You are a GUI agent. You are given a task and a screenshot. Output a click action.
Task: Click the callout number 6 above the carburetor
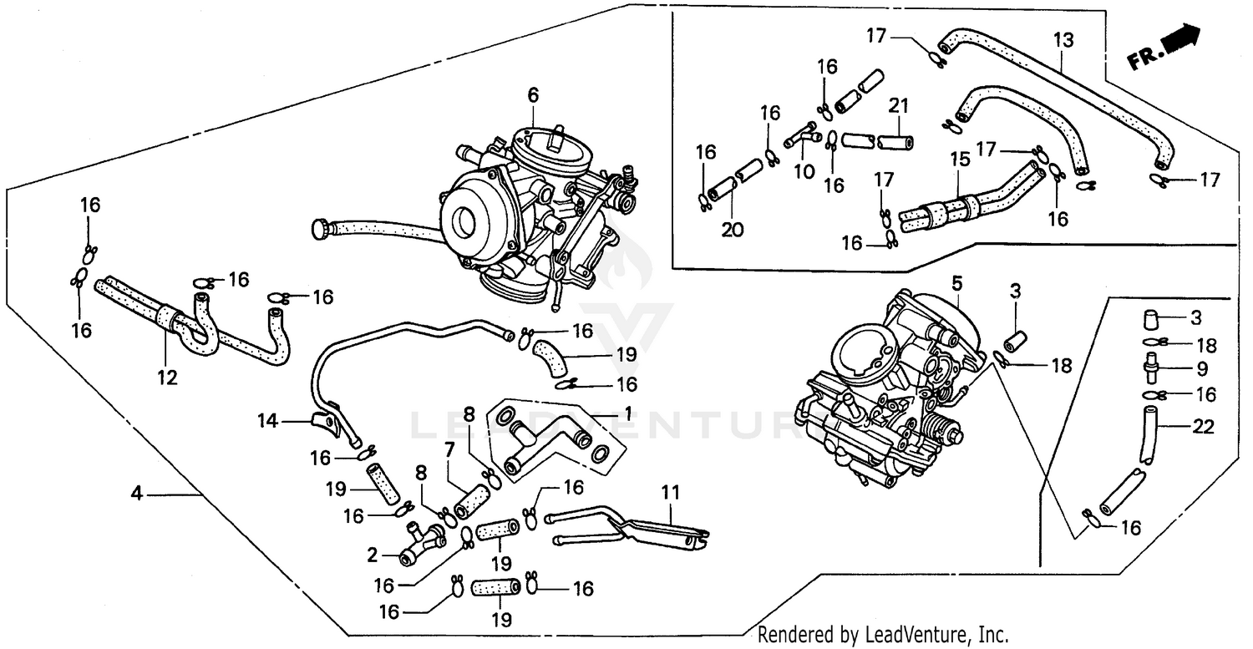pyautogui.click(x=532, y=96)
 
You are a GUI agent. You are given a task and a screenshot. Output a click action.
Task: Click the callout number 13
pyautogui.click(x=1063, y=39)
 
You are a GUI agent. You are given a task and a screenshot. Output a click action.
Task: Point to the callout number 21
pyautogui.click(x=898, y=106)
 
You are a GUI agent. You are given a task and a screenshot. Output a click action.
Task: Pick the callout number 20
pyautogui.click(x=733, y=229)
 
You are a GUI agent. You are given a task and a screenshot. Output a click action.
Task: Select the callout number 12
pyautogui.click(x=167, y=378)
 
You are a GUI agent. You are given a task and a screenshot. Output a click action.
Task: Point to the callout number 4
pyautogui.click(x=137, y=494)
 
